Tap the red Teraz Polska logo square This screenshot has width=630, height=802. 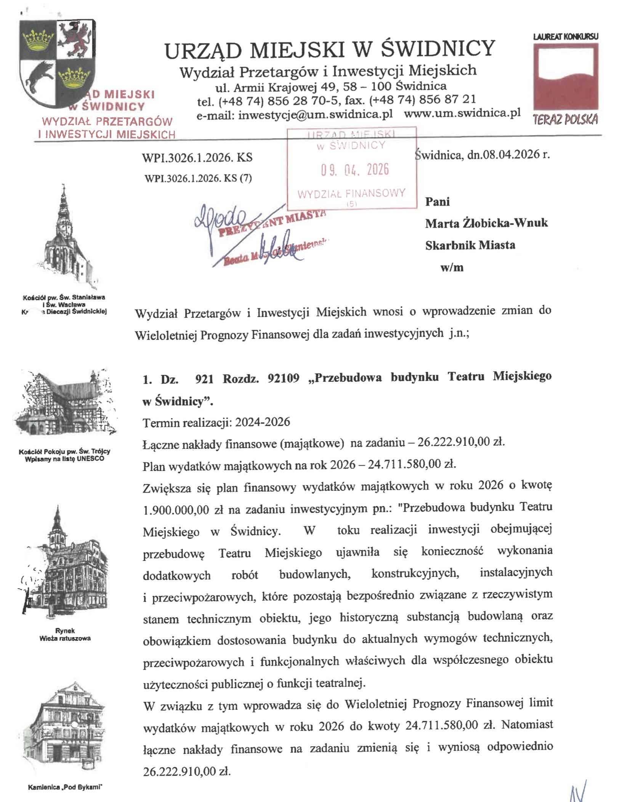click(565, 76)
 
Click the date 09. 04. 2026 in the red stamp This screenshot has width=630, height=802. click(354, 170)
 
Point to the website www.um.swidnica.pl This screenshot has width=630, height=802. click(462, 113)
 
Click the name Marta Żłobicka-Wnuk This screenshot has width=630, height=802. click(486, 223)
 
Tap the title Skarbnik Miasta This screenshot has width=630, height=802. click(470, 245)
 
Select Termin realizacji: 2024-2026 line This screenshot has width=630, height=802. click(216, 422)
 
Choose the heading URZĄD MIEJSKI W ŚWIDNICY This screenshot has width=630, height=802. click(330, 50)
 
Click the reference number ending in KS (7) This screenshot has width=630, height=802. click(198, 178)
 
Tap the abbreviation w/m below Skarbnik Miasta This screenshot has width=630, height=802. click(452, 267)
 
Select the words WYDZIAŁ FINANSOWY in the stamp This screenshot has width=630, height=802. click(351, 194)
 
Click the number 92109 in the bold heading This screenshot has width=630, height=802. click(284, 379)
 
